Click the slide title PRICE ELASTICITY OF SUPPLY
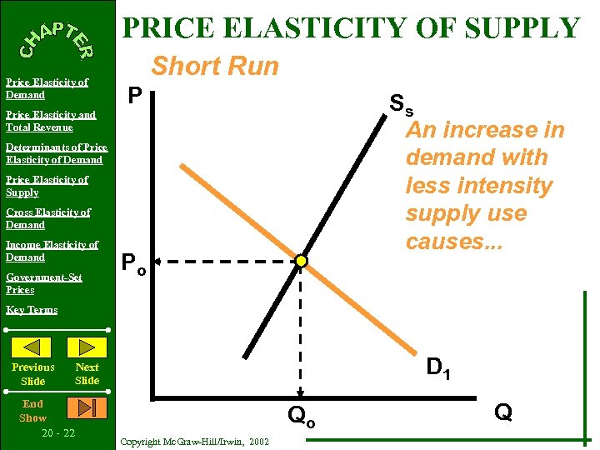[x=351, y=28]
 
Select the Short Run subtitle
[x=215, y=66]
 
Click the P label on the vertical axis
[x=136, y=97]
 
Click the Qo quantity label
[x=301, y=415]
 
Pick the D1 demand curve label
[x=439, y=367]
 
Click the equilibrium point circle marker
[x=301, y=262]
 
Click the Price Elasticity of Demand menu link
[x=47, y=88]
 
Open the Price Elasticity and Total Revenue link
[x=50, y=121]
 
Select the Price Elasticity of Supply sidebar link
[x=47, y=186]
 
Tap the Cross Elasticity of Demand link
[x=47, y=218]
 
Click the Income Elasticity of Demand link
[x=52, y=251]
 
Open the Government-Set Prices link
[x=43, y=283]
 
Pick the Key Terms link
[x=32, y=310]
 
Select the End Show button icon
[x=87, y=407]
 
